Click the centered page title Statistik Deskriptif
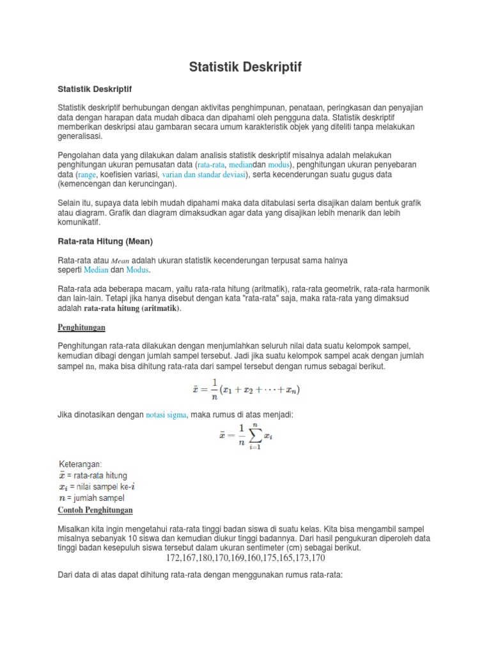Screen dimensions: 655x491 click(245, 67)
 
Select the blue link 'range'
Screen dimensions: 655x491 click(87, 174)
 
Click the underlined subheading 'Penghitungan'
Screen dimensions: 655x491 click(81, 327)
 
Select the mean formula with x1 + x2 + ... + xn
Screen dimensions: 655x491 click(245, 389)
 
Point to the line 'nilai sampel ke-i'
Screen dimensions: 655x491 click(105, 487)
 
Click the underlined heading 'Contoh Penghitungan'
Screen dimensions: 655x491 click(95, 510)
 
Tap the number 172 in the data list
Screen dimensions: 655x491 click(174, 558)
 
